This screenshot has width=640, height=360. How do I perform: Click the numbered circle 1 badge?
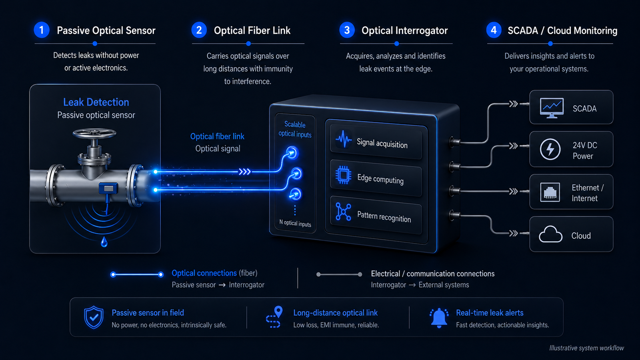pyautogui.click(x=42, y=30)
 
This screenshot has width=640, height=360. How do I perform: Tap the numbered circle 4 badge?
pyautogui.click(x=494, y=30)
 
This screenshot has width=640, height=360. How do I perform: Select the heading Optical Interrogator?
pyautogui.click(x=404, y=30)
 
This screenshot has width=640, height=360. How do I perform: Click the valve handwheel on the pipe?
pyautogui.click(x=94, y=134)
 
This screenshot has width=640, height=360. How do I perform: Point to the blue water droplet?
pyautogui.click(x=104, y=242)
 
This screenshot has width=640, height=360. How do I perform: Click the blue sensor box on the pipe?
pyautogui.click(x=108, y=188)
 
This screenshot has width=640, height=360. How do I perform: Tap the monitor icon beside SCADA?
pyautogui.click(x=552, y=108)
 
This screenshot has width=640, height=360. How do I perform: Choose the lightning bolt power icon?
pyautogui.click(x=550, y=149)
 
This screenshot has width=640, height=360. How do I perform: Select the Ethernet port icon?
pyautogui.click(x=550, y=192)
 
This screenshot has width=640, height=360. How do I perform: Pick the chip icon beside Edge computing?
pyautogui.click(x=344, y=174)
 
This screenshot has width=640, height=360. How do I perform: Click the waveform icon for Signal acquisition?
pyautogui.click(x=344, y=139)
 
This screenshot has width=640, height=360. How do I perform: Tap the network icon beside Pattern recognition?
pyautogui.click(x=343, y=212)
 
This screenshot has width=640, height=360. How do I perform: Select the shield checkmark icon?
pyautogui.click(x=94, y=318)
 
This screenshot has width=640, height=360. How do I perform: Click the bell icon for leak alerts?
pyautogui.click(x=439, y=318)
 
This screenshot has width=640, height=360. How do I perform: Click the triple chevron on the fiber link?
pyautogui.click(x=245, y=172)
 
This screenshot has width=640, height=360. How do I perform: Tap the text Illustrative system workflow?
pyautogui.click(x=586, y=348)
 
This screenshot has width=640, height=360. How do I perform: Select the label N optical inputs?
pyautogui.click(x=295, y=223)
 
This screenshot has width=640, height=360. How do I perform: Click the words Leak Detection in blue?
pyautogui.click(x=96, y=102)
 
